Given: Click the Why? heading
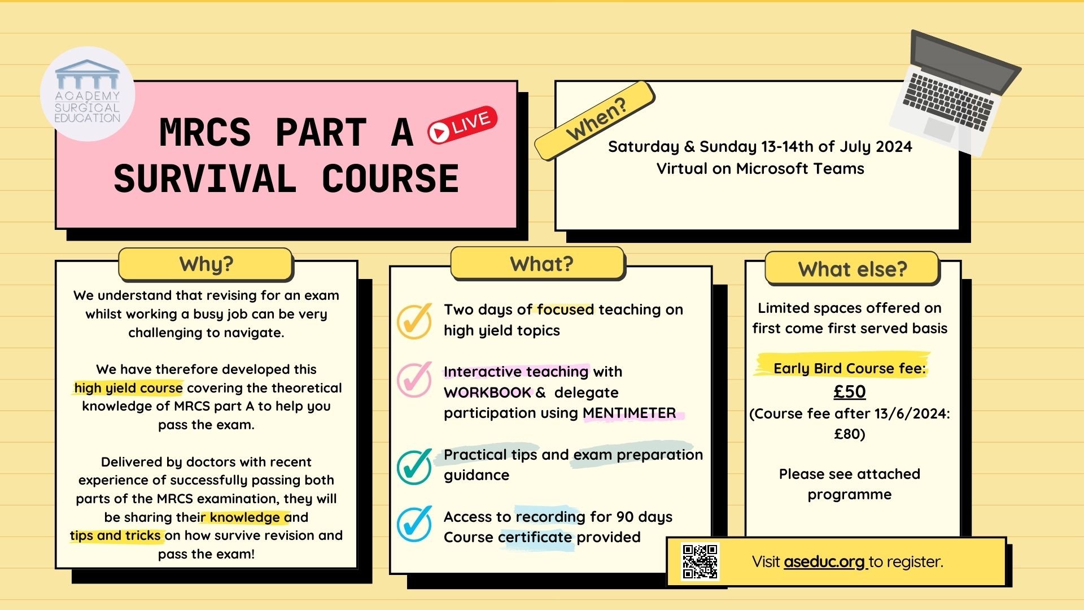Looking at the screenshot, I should [206, 264].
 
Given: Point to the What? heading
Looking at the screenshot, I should [541, 264].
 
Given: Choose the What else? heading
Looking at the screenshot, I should [852, 269].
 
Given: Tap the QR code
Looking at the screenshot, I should [700, 561].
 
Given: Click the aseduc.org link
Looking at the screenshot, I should [824, 561].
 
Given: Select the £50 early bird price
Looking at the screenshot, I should [850, 391].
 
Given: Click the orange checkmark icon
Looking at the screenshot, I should [415, 320].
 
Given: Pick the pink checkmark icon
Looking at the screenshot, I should [415, 379].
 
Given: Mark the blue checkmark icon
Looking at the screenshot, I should [415, 524].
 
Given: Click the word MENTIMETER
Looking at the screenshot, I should [629, 413].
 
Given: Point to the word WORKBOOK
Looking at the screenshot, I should [487, 393].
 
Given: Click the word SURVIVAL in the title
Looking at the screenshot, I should [205, 179].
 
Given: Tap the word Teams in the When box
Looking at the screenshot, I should [842, 168].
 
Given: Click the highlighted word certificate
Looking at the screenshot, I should [535, 537].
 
